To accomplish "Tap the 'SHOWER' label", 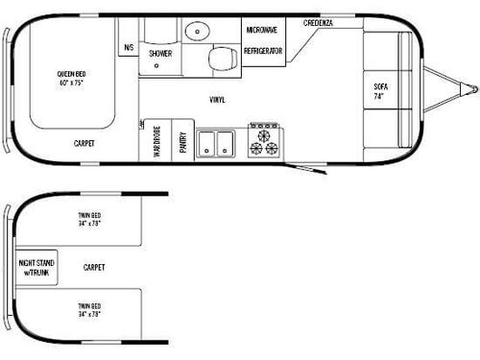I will (159, 54).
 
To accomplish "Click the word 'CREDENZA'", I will (319, 22).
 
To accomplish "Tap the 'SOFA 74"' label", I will (381, 92).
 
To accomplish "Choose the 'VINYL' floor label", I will (218, 100).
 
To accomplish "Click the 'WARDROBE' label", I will (156, 140).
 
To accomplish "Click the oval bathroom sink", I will (193, 28).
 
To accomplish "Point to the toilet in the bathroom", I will (221, 59).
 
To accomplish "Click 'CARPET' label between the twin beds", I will (93, 267).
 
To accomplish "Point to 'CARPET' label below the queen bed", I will (84, 143).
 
